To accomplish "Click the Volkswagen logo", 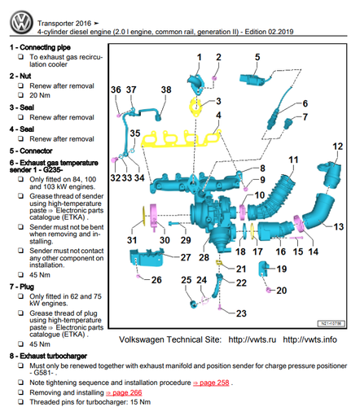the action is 21,22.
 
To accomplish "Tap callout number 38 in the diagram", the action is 166,90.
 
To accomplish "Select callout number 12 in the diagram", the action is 338,147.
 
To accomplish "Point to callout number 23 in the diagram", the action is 241,313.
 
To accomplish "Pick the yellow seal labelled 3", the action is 195,107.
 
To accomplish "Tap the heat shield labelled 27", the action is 147,257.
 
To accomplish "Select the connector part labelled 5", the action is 252,79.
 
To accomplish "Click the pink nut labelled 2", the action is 214,78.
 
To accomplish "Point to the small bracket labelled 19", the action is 263,269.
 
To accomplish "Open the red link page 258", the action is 211,383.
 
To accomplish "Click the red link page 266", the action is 124,392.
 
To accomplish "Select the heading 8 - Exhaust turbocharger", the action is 48,356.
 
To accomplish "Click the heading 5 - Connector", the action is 31,151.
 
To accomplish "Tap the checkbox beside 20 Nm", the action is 21,95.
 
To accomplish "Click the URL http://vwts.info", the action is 310,339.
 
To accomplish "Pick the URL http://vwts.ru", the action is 252,339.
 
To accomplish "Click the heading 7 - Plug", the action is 22,287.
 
